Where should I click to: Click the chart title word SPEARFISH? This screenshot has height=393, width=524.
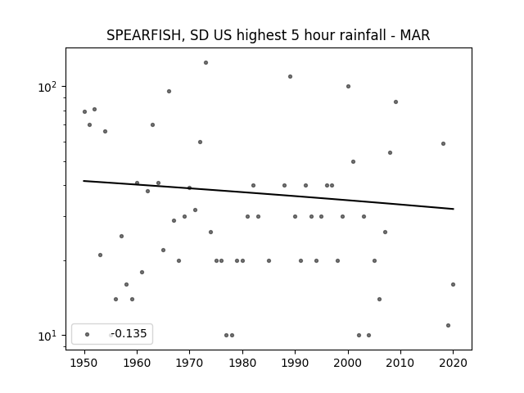pyautogui.click(x=144, y=35)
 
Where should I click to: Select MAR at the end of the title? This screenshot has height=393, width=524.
pyautogui.click(x=415, y=35)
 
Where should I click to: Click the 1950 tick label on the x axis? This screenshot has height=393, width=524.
pyautogui.click(x=84, y=363)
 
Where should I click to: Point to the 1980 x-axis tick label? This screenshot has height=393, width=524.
pyautogui.click(x=242, y=363)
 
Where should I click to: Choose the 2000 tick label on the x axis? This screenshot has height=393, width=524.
pyautogui.click(x=348, y=363)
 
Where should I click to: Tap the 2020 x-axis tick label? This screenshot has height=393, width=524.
pyautogui.click(x=453, y=363)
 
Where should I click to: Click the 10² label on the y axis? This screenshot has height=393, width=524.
pyautogui.click(x=50, y=86)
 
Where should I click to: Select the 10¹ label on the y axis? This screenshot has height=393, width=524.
pyautogui.click(x=50, y=335)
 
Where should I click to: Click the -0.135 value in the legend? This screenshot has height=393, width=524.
pyautogui.click(x=129, y=333)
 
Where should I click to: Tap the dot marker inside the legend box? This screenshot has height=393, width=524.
pyautogui.click(x=88, y=334)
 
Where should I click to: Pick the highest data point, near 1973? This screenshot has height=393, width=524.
pyautogui.click(x=206, y=62)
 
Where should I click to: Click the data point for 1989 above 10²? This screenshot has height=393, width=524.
pyautogui.click(x=290, y=76)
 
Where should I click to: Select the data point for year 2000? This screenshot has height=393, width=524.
pyautogui.click(x=348, y=86)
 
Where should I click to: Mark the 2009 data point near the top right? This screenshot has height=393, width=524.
pyautogui.click(x=395, y=102)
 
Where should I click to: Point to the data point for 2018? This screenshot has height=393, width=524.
pyautogui.click(x=443, y=144)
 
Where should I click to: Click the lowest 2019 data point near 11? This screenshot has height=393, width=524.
pyautogui.click(x=448, y=326)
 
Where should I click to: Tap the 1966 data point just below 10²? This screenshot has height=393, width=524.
pyautogui.click(x=169, y=91)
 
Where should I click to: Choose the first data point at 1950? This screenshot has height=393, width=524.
pyautogui.click(x=84, y=111)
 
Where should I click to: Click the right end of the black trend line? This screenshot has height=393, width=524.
pyautogui.click(x=454, y=209)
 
